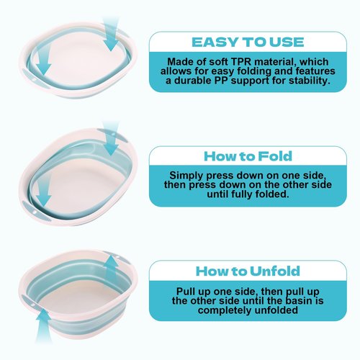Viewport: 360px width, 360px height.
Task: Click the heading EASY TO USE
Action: pos(248,42)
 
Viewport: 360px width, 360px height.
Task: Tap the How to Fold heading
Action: pos(248,156)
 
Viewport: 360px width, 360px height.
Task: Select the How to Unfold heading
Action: pos(248,271)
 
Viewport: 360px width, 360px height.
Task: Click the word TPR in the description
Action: pos(241,62)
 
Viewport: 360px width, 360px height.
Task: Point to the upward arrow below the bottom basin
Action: pos(43,325)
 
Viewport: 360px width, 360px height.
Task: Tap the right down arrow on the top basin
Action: pos(111,34)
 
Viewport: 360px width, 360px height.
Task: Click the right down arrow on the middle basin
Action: pos(111,138)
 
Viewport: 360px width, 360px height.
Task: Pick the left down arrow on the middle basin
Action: pos(43,189)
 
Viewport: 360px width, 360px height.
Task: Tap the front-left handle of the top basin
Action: pos(35,78)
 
